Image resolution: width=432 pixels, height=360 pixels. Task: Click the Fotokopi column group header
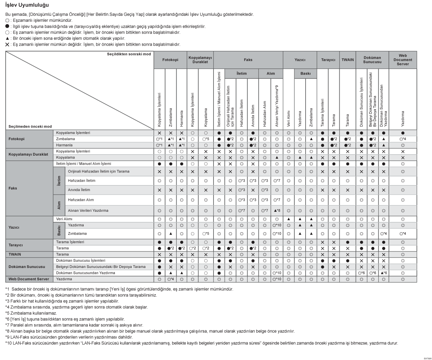(170, 60)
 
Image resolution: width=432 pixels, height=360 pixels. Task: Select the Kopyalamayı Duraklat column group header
(200, 60)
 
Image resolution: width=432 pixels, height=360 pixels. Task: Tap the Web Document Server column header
(402, 60)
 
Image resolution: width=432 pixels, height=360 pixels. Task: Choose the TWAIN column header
(348, 60)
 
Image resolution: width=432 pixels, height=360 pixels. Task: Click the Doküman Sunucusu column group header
(372, 60)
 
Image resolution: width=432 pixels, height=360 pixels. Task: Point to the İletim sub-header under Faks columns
(241, 74)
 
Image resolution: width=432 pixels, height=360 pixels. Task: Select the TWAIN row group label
(15, 254)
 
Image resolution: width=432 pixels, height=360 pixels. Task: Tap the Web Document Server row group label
(28, 279)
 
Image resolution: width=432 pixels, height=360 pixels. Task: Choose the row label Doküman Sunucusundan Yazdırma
(85, 273)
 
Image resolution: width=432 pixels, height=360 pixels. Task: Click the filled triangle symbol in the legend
(7, 38)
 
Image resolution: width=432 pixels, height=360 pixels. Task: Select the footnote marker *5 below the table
(7, 313)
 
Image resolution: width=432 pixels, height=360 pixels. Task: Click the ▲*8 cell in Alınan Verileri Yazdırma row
(277, 211)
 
